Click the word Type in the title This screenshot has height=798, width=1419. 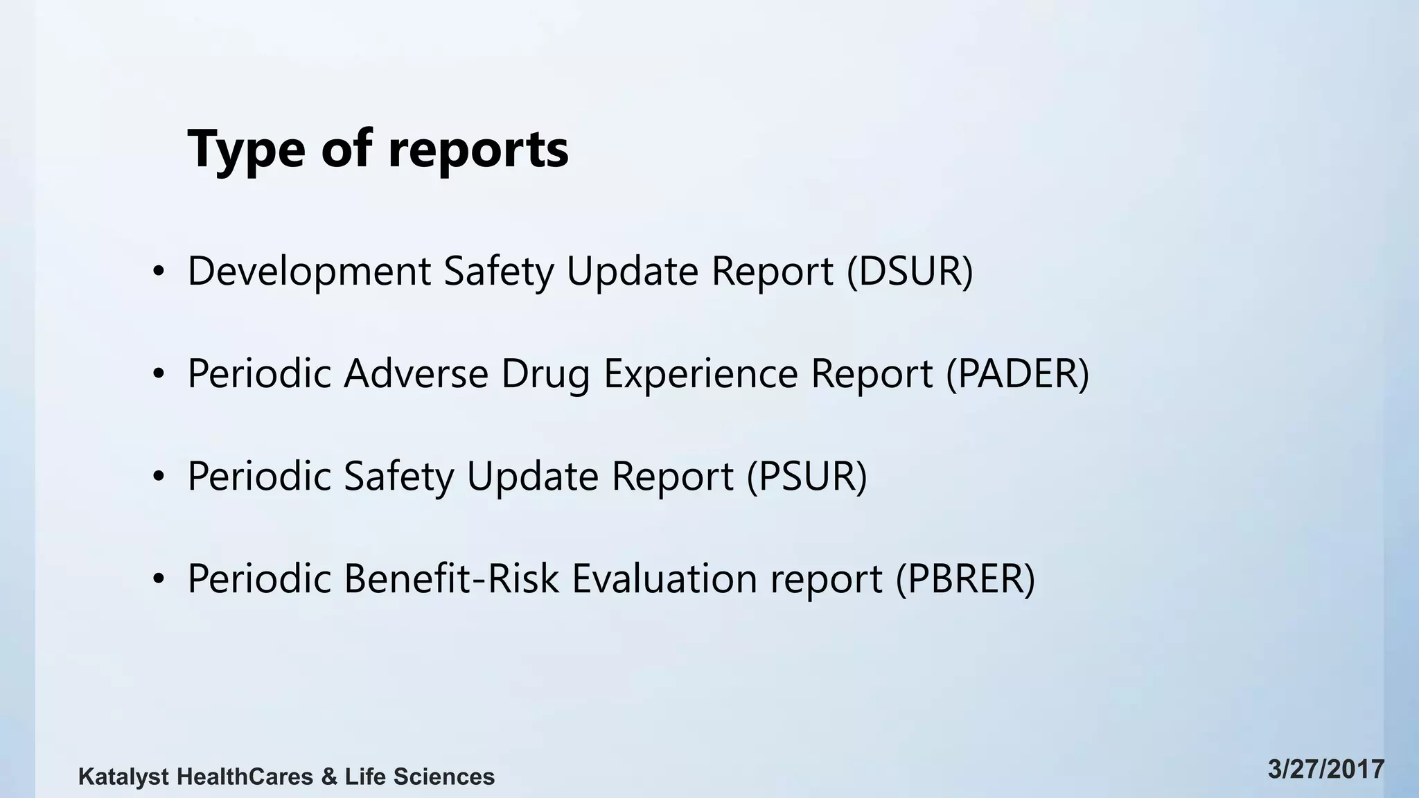[x=246, y=149]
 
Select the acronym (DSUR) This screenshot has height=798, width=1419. [x=910, y=271]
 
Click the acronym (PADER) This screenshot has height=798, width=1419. [x=1018, y=373]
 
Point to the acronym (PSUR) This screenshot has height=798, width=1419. [x=807, y=476]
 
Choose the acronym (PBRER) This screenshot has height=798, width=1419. [x=965, y=578]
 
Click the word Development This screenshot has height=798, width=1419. [x=309, y=271]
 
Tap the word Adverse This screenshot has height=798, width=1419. [x=416, y=373]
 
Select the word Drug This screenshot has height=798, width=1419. [x=545, y=375]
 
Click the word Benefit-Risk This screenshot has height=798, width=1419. [x=451, y=578]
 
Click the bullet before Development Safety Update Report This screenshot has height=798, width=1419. [x=159, y=272]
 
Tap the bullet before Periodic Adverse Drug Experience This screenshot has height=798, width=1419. [x=159, y=375]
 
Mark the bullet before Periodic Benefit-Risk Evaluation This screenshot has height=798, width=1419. [x=159, y=579]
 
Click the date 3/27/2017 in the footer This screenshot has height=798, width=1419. [x=1326, y=770]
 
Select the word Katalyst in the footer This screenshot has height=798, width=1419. [x=123, y=777]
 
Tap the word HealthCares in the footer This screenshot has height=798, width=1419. [x=245, y=777]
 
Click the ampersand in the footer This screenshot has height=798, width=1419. [x=329, y=777]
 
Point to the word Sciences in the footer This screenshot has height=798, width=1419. [x=444, y=777]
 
